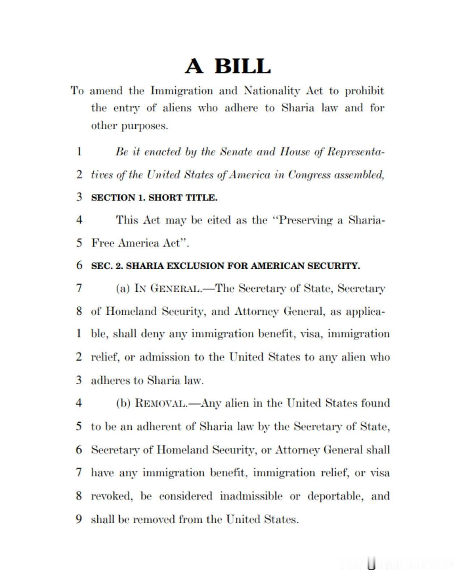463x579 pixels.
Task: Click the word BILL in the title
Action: coord(242,66)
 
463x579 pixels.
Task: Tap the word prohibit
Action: coord(364,91)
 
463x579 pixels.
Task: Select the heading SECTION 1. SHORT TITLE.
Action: coord(154,198)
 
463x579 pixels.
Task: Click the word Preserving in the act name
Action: coord(306,220)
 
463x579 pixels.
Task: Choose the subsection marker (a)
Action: coord(123,288)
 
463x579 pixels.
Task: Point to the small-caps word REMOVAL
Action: coord(161,403)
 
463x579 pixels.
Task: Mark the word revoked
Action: coord(111,496)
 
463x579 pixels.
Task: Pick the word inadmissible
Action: coord(251,496)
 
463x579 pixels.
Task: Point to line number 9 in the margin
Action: coord(79,519)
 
